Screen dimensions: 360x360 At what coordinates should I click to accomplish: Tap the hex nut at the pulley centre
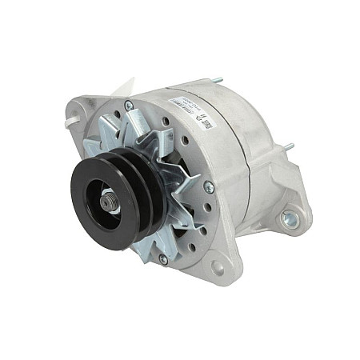107,205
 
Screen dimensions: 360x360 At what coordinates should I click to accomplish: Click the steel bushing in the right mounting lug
290,217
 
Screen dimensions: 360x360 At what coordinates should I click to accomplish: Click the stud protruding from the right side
288,147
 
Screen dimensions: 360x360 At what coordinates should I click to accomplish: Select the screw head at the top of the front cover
128,105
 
